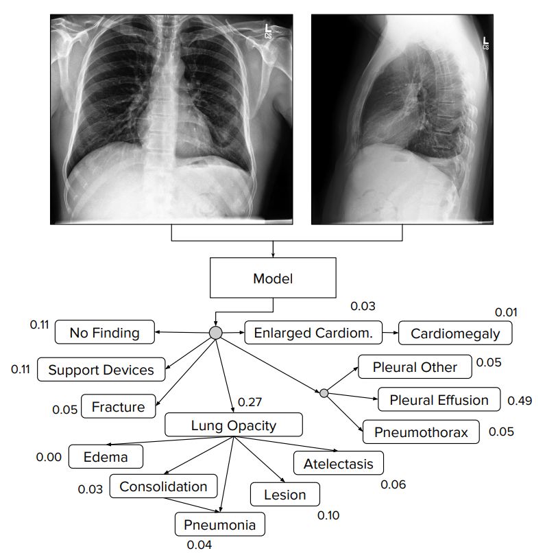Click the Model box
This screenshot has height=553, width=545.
pyautogui.click(x=273, y=279)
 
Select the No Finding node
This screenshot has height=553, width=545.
pyautogui.click(x=104, y=333)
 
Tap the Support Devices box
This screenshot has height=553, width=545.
pyautogui.click(x=101, y=370)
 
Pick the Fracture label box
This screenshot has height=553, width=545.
pyautogui.click(x=119, y=407)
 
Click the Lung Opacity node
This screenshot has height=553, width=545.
pyautogui.click(x=233, y=425)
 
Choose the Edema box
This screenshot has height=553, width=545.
pyautogui.click(x=106, y=456)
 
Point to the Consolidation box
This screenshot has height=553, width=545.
pyautogui.click(x=163, y=486)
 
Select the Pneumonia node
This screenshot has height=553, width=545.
pyautogui.click(x=219, y=526)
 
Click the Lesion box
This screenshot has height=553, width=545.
pyautogui.click(x=285, y=494)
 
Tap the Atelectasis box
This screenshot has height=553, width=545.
pyautogui.click(x=338, y=464)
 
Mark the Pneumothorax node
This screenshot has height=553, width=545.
pyautogui.click(x=421, y=433)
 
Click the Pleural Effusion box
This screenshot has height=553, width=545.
pyautogui.click(x=439, y=400)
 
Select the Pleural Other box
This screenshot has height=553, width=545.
pyautogui.click(x=415, y=367)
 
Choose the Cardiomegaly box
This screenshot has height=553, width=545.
pyautogui.click(x=455, y=334)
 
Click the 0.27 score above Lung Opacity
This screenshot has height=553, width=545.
pyautogui.click(x=251, y=402)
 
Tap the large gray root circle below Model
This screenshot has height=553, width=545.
pyautogui.click(x=215, y=333)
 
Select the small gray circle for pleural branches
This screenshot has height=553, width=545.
pyautogui.click(x=324, y=392)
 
